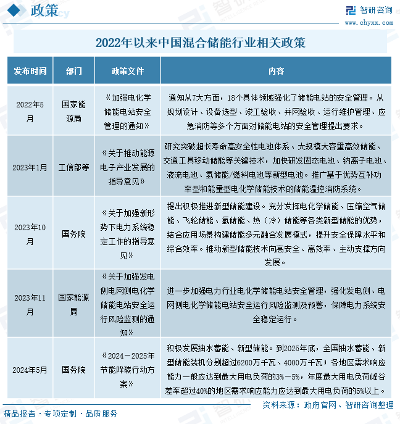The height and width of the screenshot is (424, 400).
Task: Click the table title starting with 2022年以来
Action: [x=200, y=43]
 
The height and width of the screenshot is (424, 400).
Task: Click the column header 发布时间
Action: [x=30, y=71]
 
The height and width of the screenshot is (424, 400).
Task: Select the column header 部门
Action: [x=73, y=71]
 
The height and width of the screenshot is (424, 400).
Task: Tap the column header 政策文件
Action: [x=127, y=71]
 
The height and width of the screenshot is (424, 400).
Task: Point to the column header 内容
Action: [x=276, y=71]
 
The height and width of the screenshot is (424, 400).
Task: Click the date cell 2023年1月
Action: [x=30, y=167]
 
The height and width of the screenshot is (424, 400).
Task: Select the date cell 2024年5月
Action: [x=30, y=370]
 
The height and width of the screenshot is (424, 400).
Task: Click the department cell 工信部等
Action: [x=73, y=167]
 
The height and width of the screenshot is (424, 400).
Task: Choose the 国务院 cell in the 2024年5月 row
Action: [x=73, y=370]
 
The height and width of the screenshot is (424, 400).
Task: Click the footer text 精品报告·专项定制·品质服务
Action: [x=60, y=414]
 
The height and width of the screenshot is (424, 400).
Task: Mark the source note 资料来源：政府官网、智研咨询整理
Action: [x=327, y=404]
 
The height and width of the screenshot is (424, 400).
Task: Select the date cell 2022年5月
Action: [x=30, y=112]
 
